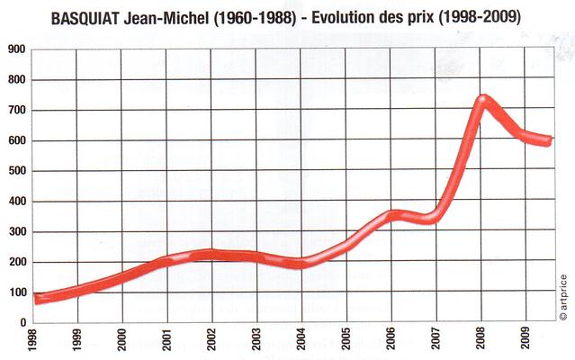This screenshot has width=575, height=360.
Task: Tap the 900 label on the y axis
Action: click(x=16, y=51)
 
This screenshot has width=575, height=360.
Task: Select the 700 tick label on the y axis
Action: click(x=16, y=112)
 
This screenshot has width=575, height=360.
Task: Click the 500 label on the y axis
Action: click(x=16, y=172)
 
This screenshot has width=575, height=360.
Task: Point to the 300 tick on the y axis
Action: click(x=16, y=232)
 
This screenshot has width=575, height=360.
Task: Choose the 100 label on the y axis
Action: click(x=16, y=292)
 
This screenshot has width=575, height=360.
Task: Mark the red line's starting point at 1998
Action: click(x=36, y=299)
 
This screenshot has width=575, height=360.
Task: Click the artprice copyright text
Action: click(x=562, y=296)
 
